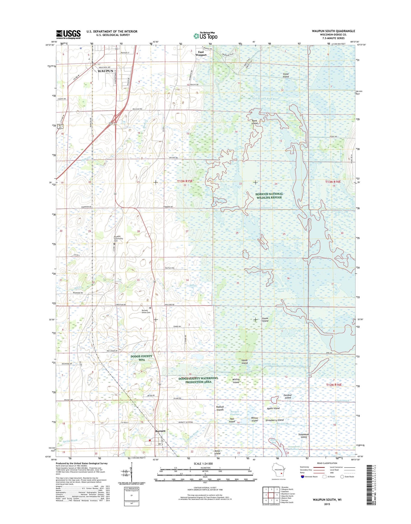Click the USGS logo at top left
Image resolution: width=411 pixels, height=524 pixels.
(68, 34)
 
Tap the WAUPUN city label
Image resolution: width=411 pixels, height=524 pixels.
(105, 71)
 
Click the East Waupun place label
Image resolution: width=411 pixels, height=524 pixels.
(201, 53)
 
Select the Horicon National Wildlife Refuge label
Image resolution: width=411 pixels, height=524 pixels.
(269, 195)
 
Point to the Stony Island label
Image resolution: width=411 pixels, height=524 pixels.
(286, 75)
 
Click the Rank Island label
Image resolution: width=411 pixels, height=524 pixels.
(254, 122)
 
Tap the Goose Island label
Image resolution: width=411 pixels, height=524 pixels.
(265, 319)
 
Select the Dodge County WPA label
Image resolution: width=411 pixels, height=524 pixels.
(141, 358)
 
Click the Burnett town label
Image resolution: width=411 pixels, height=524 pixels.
(160, 431)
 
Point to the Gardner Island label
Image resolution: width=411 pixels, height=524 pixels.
(288, 396)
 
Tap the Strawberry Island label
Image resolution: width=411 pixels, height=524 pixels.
(274, 420)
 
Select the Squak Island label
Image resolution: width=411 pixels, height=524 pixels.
(244, 362)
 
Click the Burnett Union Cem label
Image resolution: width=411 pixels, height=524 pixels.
(146, 311)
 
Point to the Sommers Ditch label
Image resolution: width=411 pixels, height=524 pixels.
(269, 208)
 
